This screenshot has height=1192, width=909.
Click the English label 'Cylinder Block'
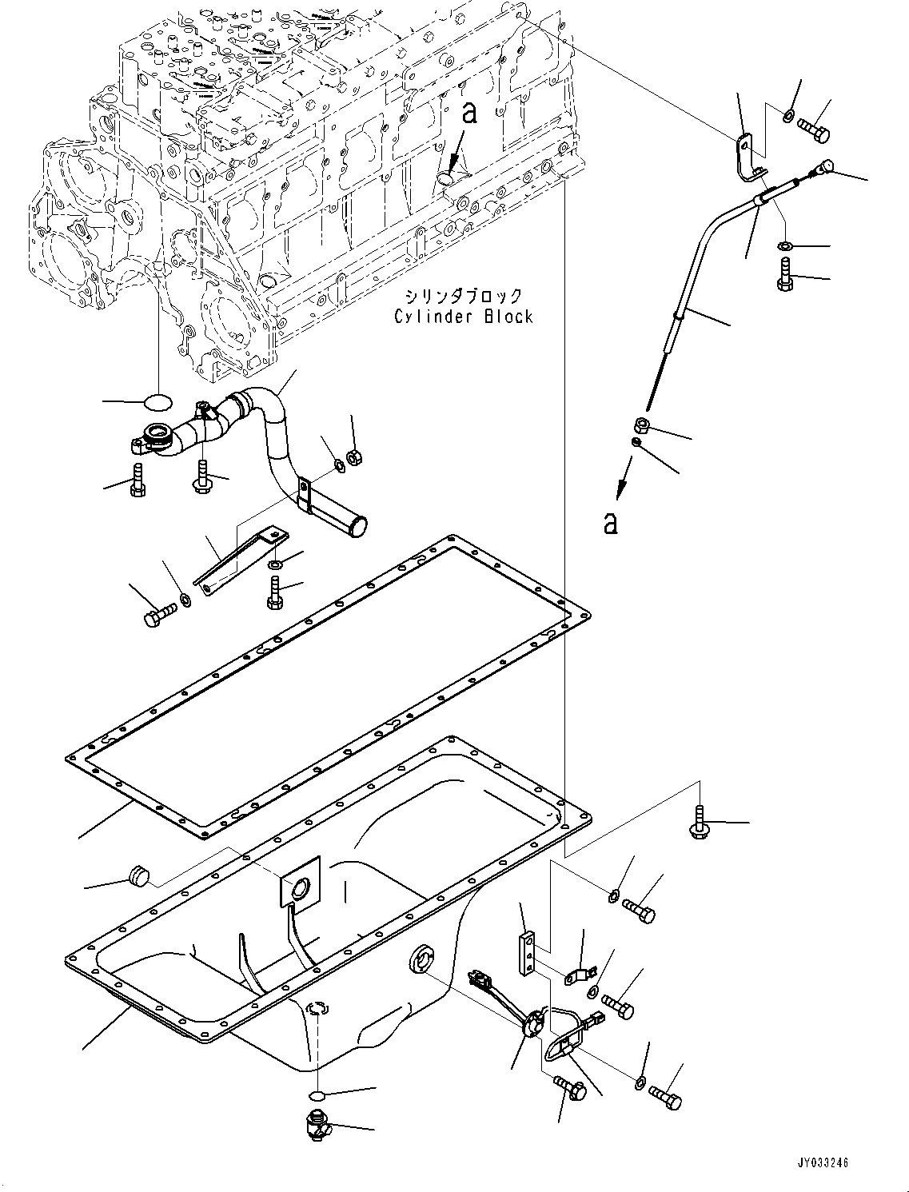click(463, 317)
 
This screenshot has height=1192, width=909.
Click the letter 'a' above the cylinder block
click(470, 114)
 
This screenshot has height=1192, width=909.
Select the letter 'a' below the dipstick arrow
click(611, 524)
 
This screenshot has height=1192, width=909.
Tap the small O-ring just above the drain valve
click(317, 1094)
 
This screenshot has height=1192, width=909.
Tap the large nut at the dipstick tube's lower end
click(640, 425)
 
